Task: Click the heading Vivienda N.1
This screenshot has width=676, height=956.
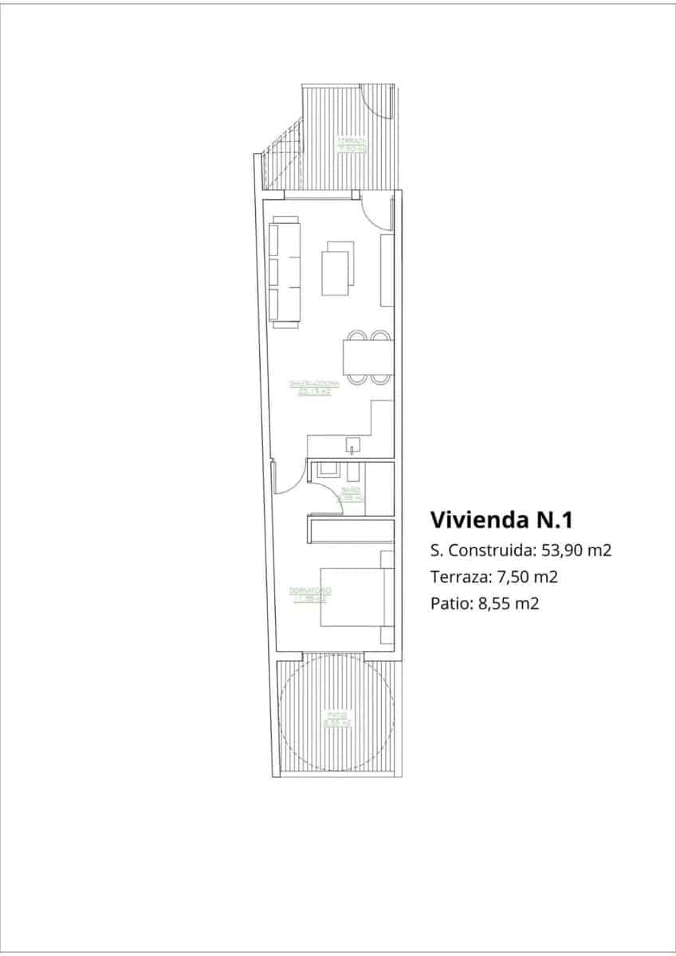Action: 501,520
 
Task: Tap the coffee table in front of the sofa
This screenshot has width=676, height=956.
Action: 336,269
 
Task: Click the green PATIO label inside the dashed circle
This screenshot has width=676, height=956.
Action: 336,719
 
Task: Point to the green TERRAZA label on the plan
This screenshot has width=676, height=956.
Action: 350,145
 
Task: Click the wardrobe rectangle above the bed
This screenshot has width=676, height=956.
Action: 351,530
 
